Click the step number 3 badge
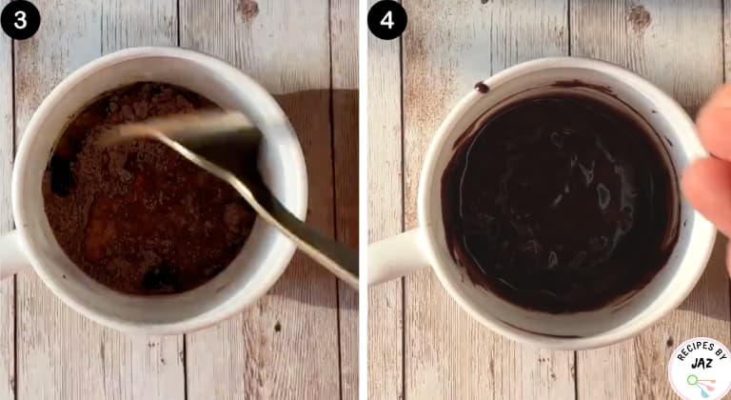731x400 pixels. pyautogui.click(x=20, y=20)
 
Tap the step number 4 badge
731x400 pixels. pyautogui.click(x=387, y=20)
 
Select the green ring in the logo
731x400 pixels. pyautogui.click(x=692, y=380)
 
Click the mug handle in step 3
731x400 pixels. pyautogui.click(x=10, y=254)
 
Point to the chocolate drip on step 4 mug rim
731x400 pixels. pyautogui.click(x=482, y=87)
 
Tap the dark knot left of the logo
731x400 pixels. pyautogui.click(x=670, y=342)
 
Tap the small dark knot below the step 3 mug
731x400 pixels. pyautogui.click(x=278, y=327)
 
